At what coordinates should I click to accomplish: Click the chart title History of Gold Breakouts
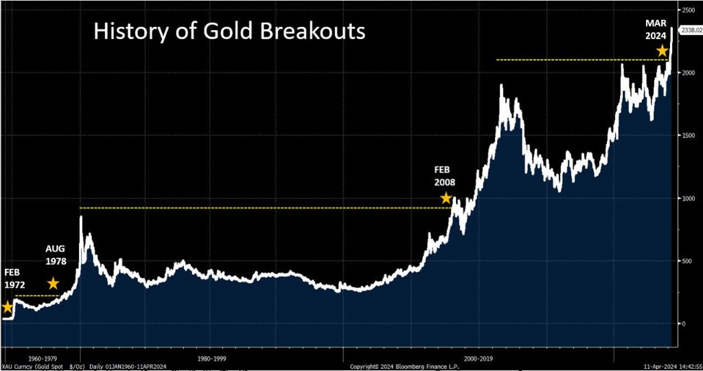229,32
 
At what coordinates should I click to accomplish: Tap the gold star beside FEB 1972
7,307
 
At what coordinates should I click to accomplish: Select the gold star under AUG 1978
53,283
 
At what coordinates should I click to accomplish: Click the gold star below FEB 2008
446,198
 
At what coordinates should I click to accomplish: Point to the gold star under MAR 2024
662,51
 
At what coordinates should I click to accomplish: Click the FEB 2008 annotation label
445,176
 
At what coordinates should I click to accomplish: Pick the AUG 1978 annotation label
56,256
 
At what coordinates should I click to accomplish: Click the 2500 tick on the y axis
687,11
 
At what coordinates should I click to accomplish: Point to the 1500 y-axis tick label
687,136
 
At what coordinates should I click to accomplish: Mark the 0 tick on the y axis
683,324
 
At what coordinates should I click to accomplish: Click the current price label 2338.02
690,30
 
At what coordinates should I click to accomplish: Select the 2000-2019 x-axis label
479,357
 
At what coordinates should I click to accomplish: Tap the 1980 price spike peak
81,218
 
